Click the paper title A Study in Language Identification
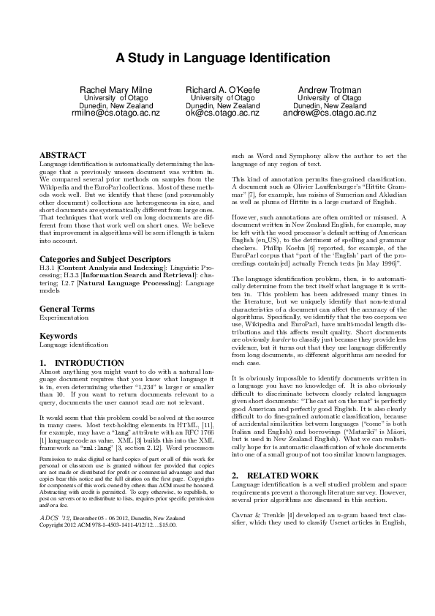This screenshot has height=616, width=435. (x=217, y=57)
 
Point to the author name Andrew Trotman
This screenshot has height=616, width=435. (x=329, y=89)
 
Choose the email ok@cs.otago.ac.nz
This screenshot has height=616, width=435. (x=222, y=113)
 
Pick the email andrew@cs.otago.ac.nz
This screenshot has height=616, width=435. (x=329, y=113)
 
